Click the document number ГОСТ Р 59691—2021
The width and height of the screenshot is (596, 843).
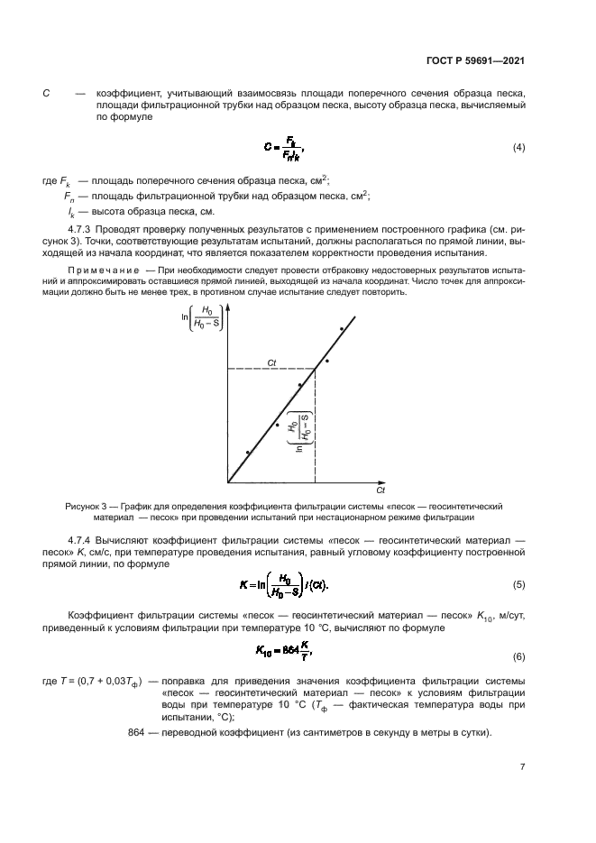point(475,62)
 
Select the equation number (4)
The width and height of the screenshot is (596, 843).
point(518,147)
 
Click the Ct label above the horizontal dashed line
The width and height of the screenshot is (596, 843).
point(271,362)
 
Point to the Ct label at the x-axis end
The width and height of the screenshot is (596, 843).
point(381,491)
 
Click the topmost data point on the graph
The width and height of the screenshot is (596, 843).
point(341,329)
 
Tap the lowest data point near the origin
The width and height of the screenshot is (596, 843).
point(248,453)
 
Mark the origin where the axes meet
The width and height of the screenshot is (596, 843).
point(228,482)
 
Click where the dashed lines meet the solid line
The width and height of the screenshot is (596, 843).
point(315,369)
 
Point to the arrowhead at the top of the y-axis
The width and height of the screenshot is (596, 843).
point(228,309)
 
